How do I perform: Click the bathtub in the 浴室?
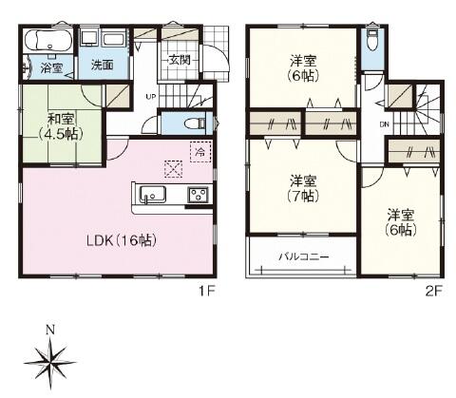click(47, 41)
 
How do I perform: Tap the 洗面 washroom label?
click(102, 65)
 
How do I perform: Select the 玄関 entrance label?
click(180, 60)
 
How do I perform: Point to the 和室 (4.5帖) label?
click(61, 127)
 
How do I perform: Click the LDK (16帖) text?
click(122, 241)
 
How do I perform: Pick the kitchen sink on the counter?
click(153, 194)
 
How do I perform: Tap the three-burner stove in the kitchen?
click(199, 195)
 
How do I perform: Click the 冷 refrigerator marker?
click(200, 152)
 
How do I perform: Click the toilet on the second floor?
click(372, 41)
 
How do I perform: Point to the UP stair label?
click(150, 96)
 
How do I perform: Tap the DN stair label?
click(384, 124)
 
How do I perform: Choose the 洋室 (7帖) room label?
click(303, 189)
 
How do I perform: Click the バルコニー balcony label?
click(304, 256)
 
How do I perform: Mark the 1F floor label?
click(207, 291)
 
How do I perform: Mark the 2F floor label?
click(433, 291)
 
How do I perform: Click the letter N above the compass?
click(50, 330)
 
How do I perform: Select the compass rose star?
click(50, 363)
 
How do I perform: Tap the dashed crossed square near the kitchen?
click(174, 169)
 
